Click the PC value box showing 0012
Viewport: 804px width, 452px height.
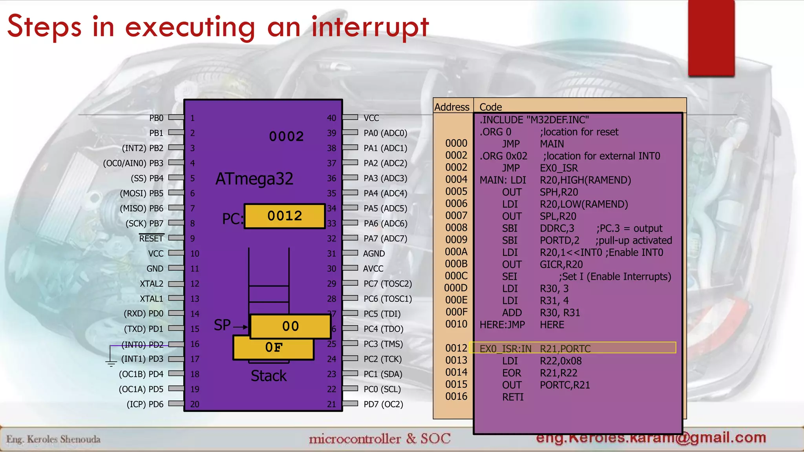point(285,216)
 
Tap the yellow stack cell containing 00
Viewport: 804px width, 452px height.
point(291,326)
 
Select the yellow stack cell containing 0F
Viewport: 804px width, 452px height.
point(274,348)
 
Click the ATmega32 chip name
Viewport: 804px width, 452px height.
point(254,179)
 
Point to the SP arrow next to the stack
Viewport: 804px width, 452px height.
point(240,326)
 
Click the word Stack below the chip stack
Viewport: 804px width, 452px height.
point(269,376)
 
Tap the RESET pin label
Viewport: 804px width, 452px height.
point(151,239)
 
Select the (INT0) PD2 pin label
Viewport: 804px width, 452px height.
point(142,344)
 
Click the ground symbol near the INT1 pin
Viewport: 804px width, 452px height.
point(111,363)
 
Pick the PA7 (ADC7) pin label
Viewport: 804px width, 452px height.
point(385,239)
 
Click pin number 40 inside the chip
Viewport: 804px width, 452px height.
point(331,118)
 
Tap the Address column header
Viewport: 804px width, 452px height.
point(452,107)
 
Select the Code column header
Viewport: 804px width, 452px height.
point(490,107)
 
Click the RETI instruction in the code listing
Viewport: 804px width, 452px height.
point(513,397)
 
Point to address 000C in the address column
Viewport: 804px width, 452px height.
point(456,276)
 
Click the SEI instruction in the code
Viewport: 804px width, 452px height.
point(510,277)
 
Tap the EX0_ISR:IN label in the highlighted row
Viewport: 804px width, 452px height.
point(505,348)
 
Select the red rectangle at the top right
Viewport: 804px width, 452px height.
point(711,37)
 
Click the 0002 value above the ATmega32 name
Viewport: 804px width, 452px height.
point(286,137)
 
